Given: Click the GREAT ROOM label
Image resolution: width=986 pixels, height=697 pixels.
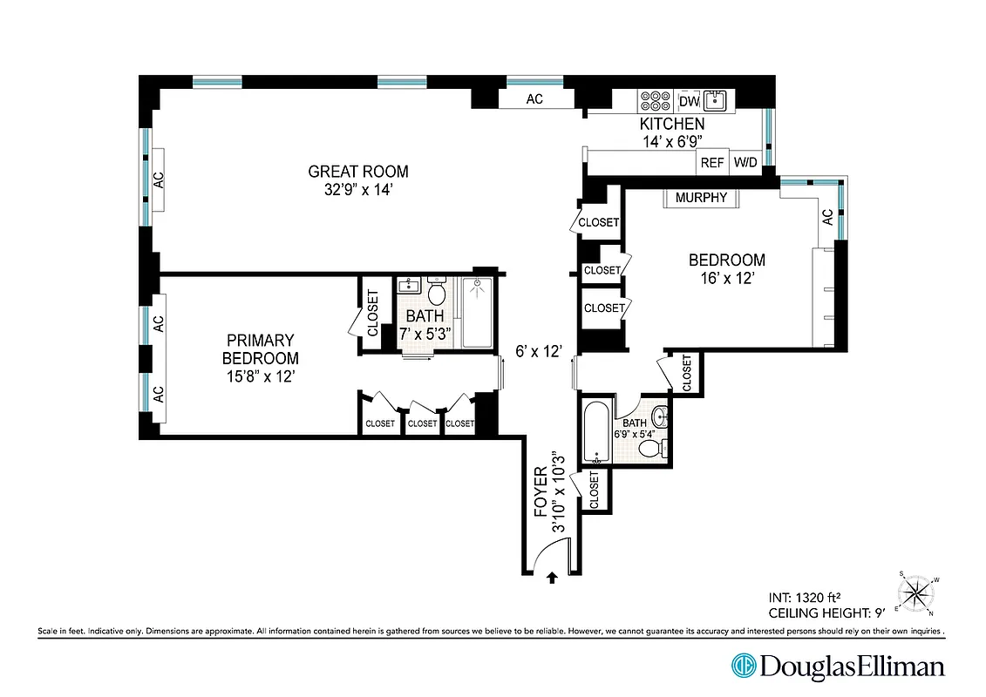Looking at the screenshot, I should [x=357, y=172].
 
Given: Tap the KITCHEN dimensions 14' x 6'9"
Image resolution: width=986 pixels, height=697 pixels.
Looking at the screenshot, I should [x=671, y=140].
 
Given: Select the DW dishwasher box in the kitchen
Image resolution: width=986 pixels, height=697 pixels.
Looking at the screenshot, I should [x=690, y=100].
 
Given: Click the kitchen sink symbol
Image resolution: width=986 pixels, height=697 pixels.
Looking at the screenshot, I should [x=717, y=100].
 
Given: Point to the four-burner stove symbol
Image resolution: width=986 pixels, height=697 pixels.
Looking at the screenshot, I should [x=655, y=100].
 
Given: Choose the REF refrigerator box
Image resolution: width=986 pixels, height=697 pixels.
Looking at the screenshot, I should [x=712, y=162].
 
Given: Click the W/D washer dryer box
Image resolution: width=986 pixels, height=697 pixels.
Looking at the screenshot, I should [x=745, y=162].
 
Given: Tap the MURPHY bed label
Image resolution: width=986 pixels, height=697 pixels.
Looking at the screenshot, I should [x=701, y=198].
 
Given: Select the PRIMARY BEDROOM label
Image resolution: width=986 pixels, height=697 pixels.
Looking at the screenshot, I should [x=260, y=349].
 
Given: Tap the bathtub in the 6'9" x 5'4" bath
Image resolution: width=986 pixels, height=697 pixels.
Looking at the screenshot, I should [x=598, y=432].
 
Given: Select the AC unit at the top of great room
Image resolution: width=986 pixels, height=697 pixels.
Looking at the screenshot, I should [x=534, y=99].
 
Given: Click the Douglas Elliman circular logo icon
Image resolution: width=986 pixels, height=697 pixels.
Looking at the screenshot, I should [x=744, y=667].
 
